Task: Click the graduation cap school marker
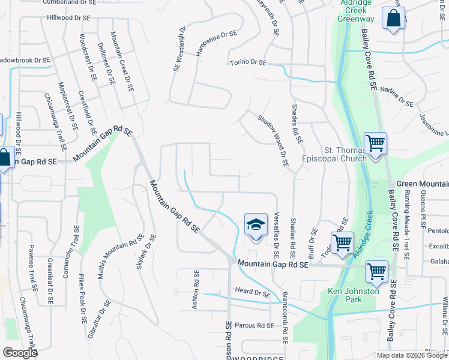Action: point(256,225)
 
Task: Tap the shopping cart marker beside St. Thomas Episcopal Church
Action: point(375,144)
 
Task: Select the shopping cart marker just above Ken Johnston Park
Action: point(377,271)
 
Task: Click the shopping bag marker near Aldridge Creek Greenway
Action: point(393,19)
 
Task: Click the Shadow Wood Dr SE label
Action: point(273,140)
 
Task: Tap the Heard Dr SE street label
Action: point(253,293)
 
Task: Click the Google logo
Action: point(19,353)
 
